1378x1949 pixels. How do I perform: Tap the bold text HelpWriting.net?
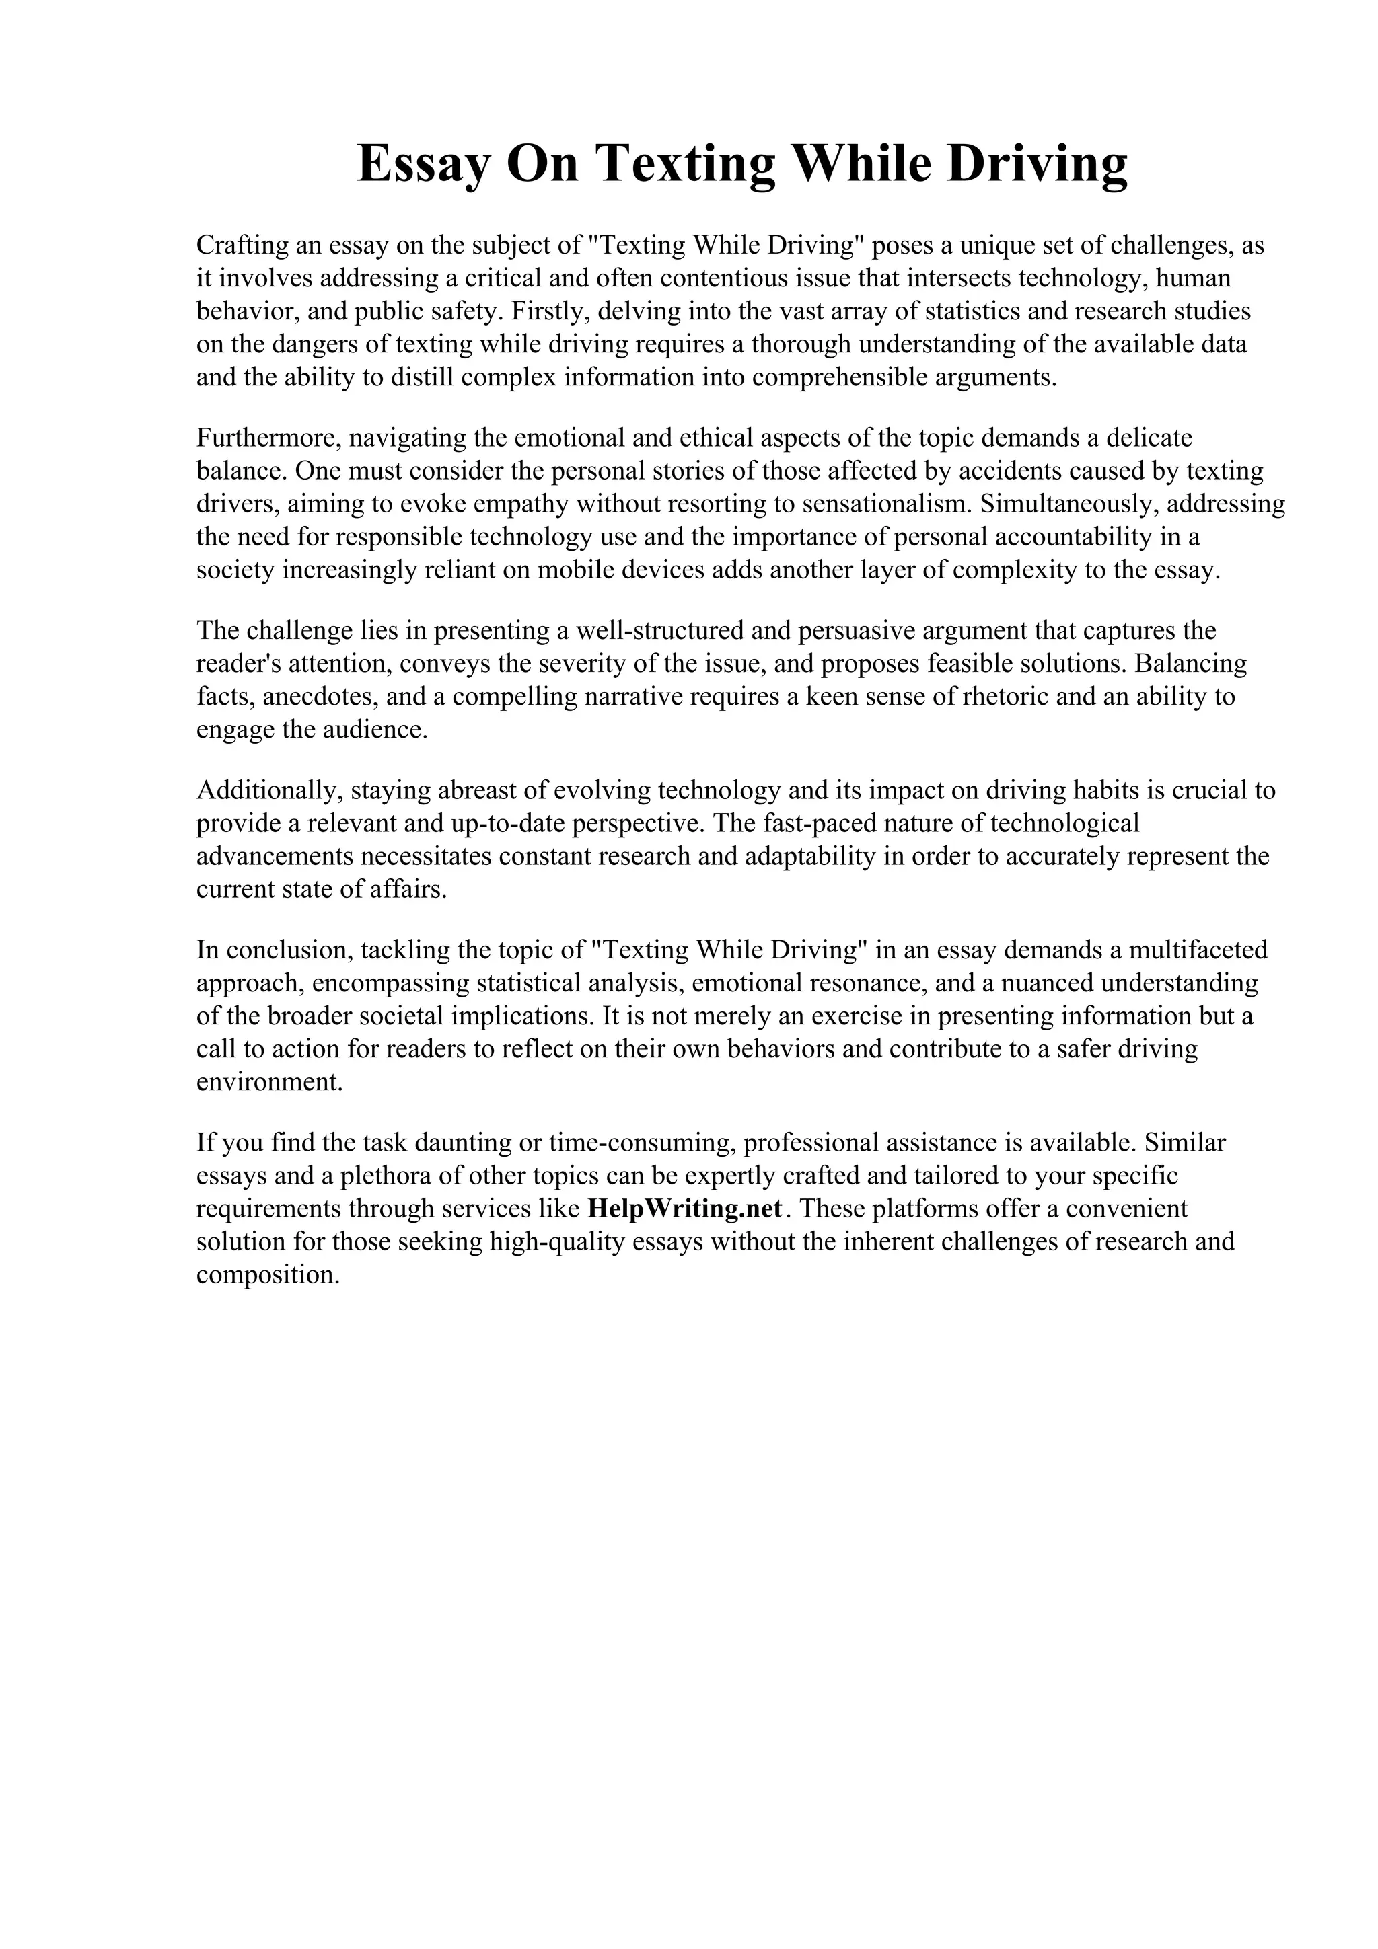(x=684, y=1208)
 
